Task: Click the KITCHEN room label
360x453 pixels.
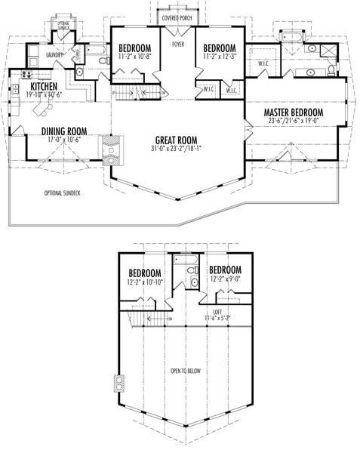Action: (x=45, y=87)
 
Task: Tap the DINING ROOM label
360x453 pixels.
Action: (x=63, y=131)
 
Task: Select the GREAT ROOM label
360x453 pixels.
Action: (x=177, y=140)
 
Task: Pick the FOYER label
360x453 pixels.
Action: (x=178, y=45)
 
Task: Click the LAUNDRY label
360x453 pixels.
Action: (x=53, y=54)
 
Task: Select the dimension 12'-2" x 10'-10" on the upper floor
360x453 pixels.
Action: (x=146, y=282)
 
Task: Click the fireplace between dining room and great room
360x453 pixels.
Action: (x=110, y=149)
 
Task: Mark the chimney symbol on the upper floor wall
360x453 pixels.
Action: (x=118, y=384)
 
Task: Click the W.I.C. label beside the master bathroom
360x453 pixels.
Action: (x=263, y=63)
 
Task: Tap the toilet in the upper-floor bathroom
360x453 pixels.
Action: (x=194, y=282)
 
